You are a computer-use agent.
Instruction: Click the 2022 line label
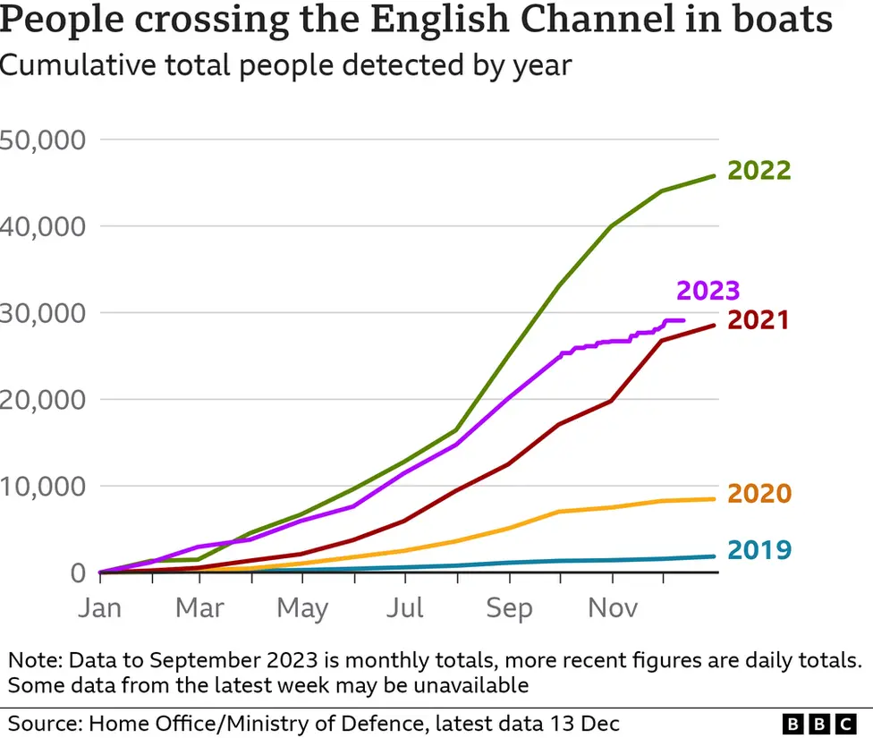click(759, 171)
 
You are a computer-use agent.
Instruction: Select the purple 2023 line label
click(708, 291)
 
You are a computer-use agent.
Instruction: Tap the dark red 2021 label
click(759, 320)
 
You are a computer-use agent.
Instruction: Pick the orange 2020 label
click(759, 494)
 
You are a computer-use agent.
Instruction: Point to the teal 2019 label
click(759, 549)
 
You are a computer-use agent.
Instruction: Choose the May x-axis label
click(302, 608)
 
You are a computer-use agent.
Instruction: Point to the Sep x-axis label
click(508, 608)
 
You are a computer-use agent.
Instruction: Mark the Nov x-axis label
click(613, 608)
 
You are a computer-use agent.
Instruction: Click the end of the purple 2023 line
click(684, 320)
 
